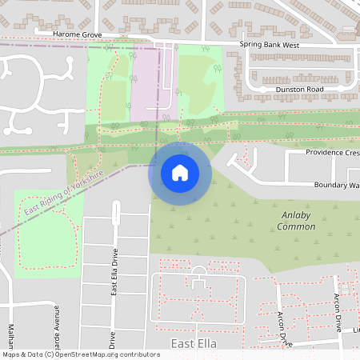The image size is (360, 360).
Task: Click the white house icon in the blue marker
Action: tap(180, 172)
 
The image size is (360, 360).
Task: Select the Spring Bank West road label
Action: tap(270, 46)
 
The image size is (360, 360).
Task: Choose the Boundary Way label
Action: tap(335, 186)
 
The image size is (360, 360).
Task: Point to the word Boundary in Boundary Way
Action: tap(327, 186)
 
